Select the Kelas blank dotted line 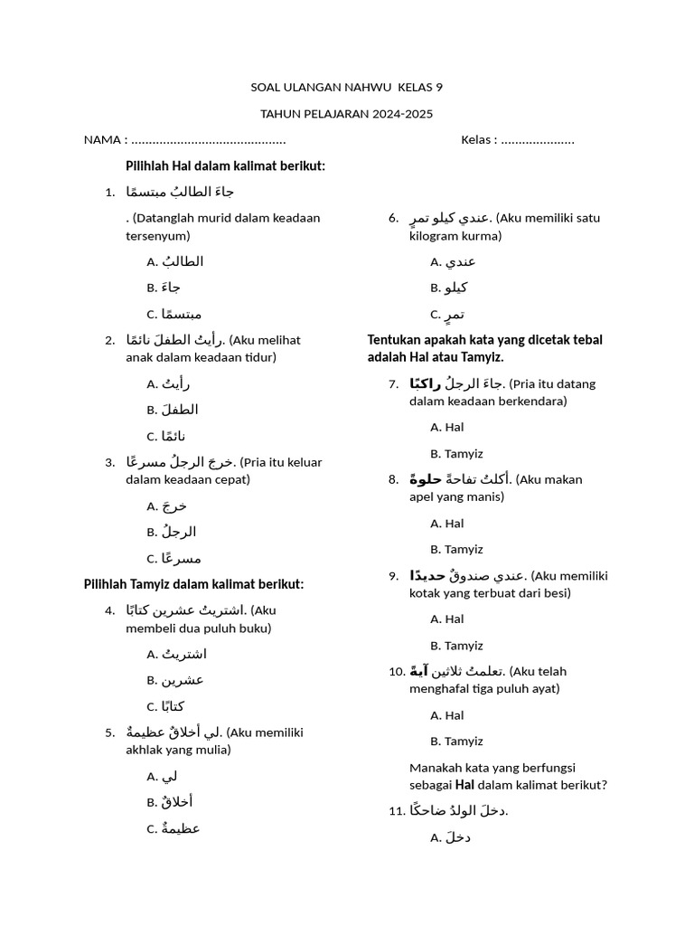point(538,140)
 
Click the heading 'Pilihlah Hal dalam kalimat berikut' point(225,166)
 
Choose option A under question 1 point(174,261)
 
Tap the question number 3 point(109,462)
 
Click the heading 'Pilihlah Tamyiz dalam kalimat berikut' point(193,584)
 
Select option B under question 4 point(175,680)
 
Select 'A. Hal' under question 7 point(447,427)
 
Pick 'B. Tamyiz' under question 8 point(456,549)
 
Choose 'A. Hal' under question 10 point(447,715)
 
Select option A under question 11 point(451,837)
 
